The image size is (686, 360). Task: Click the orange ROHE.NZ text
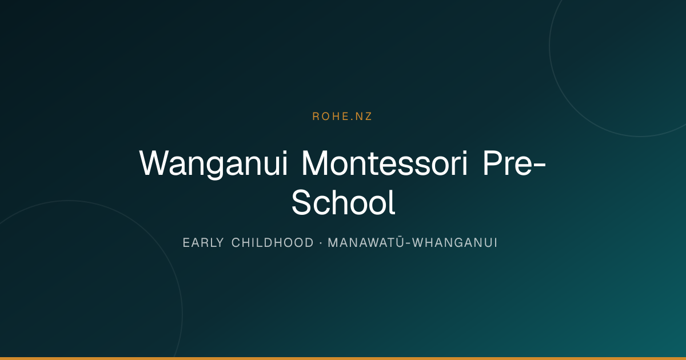point(342,117)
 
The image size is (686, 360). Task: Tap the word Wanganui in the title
point(213,163)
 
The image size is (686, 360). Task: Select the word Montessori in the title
point(385,163)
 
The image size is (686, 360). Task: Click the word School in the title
point(344,202)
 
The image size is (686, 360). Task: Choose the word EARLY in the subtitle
point(204,243)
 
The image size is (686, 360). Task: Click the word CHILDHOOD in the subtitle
point(273,243)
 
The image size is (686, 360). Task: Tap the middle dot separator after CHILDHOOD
point(321,243)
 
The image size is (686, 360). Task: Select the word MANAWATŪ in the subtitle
point(366,242)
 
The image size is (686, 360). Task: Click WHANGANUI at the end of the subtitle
point(455,243)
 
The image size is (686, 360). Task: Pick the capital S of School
point(302,202)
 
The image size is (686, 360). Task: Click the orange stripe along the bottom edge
point(343,358)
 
